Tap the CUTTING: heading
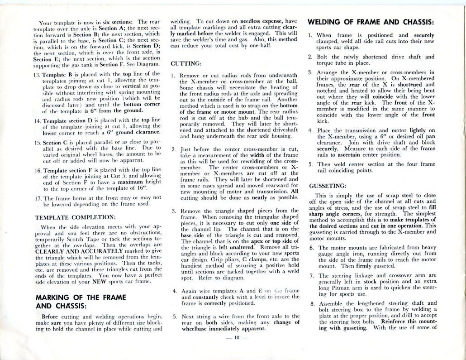pos(186,64)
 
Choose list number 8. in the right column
pos(312,303)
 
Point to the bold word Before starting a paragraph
pos(53,317)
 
